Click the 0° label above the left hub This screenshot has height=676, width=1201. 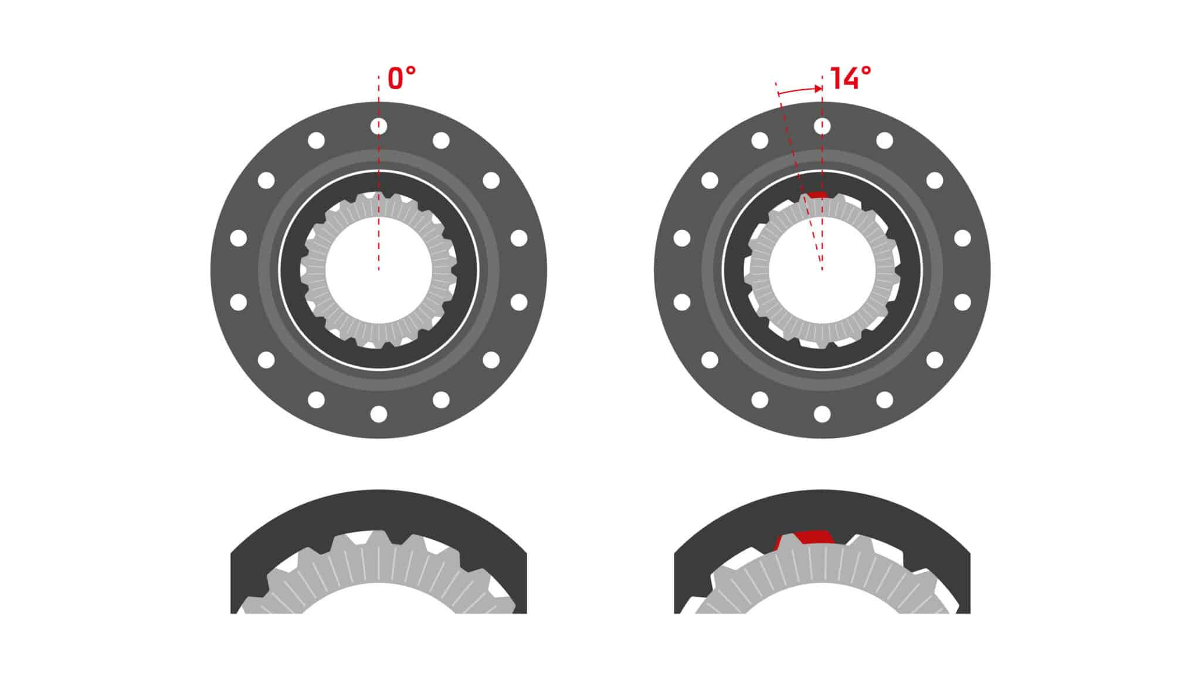pos(402,79)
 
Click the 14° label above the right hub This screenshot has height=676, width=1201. pos(850,79)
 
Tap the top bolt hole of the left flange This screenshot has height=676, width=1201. pos(379,126)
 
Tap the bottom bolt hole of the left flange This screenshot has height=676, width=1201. pos(379,414)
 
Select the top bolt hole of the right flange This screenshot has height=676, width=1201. pos(822,126)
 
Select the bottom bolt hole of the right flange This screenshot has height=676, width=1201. pos(822,414)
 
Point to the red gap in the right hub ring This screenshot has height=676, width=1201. pos(816,195)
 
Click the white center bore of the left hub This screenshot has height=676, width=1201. pos(379,270)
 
